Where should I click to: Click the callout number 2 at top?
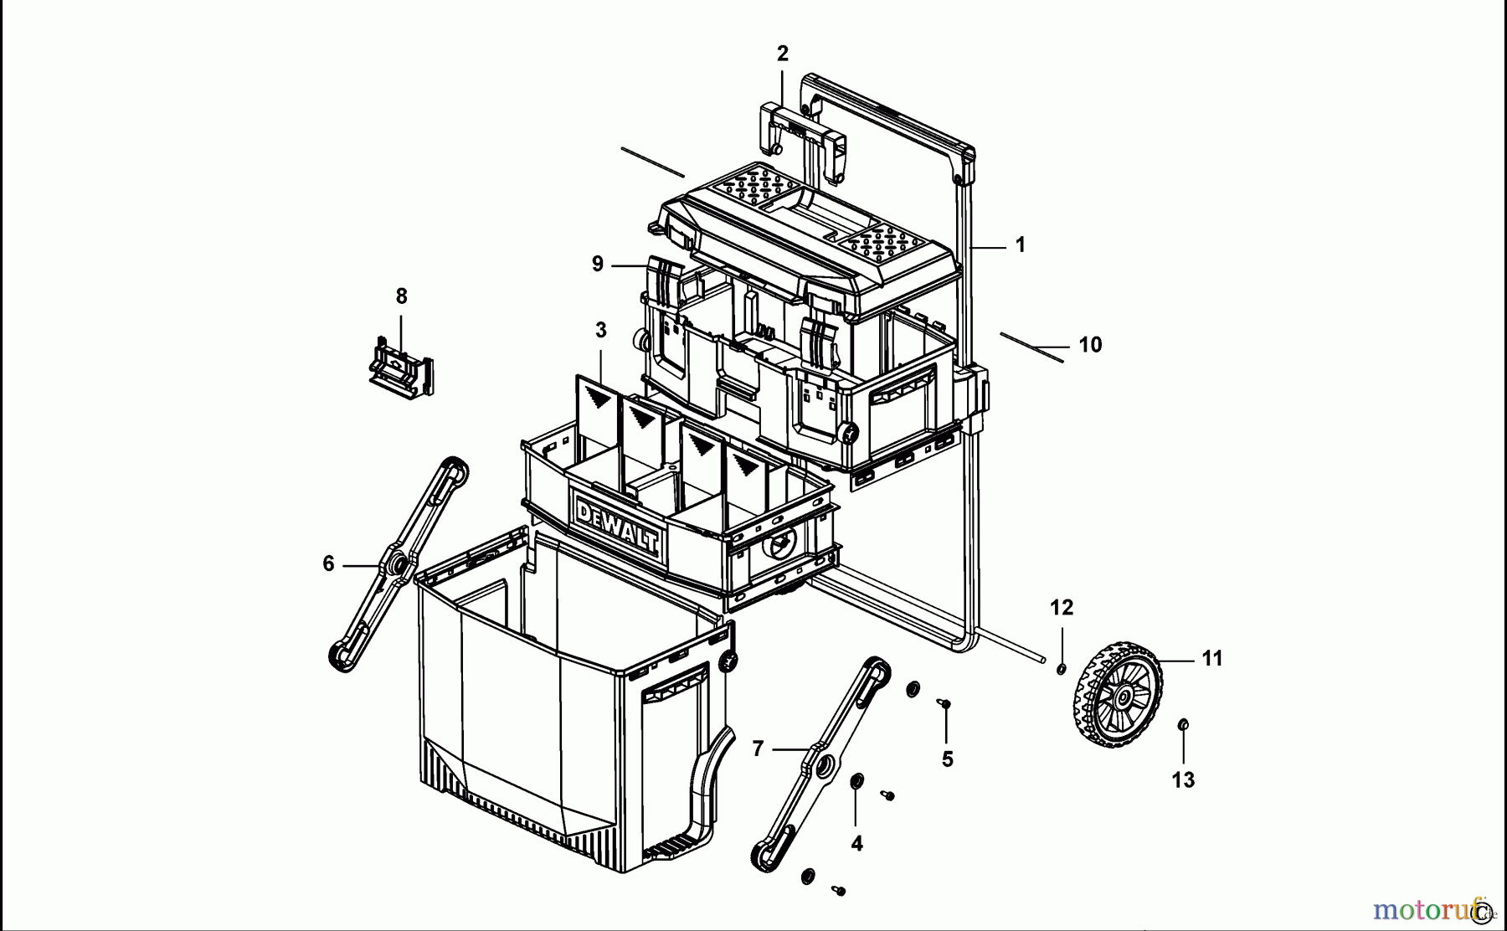point(782,54)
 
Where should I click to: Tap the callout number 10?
point(1089,345)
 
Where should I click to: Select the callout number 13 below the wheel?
point(1182,780)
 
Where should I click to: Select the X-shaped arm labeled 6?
point(397,565)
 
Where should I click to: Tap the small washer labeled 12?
point(1061,668)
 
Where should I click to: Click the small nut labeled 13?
point(1183,723)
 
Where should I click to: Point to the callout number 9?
point(597,265)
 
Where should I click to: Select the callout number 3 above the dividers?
point(600,330)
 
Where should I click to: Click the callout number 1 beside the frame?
point(1020,245)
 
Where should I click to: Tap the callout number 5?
point(947,759)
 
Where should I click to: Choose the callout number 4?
point(856,844)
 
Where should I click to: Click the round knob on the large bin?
point(728,661)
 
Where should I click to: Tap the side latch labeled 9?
point(666,280)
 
